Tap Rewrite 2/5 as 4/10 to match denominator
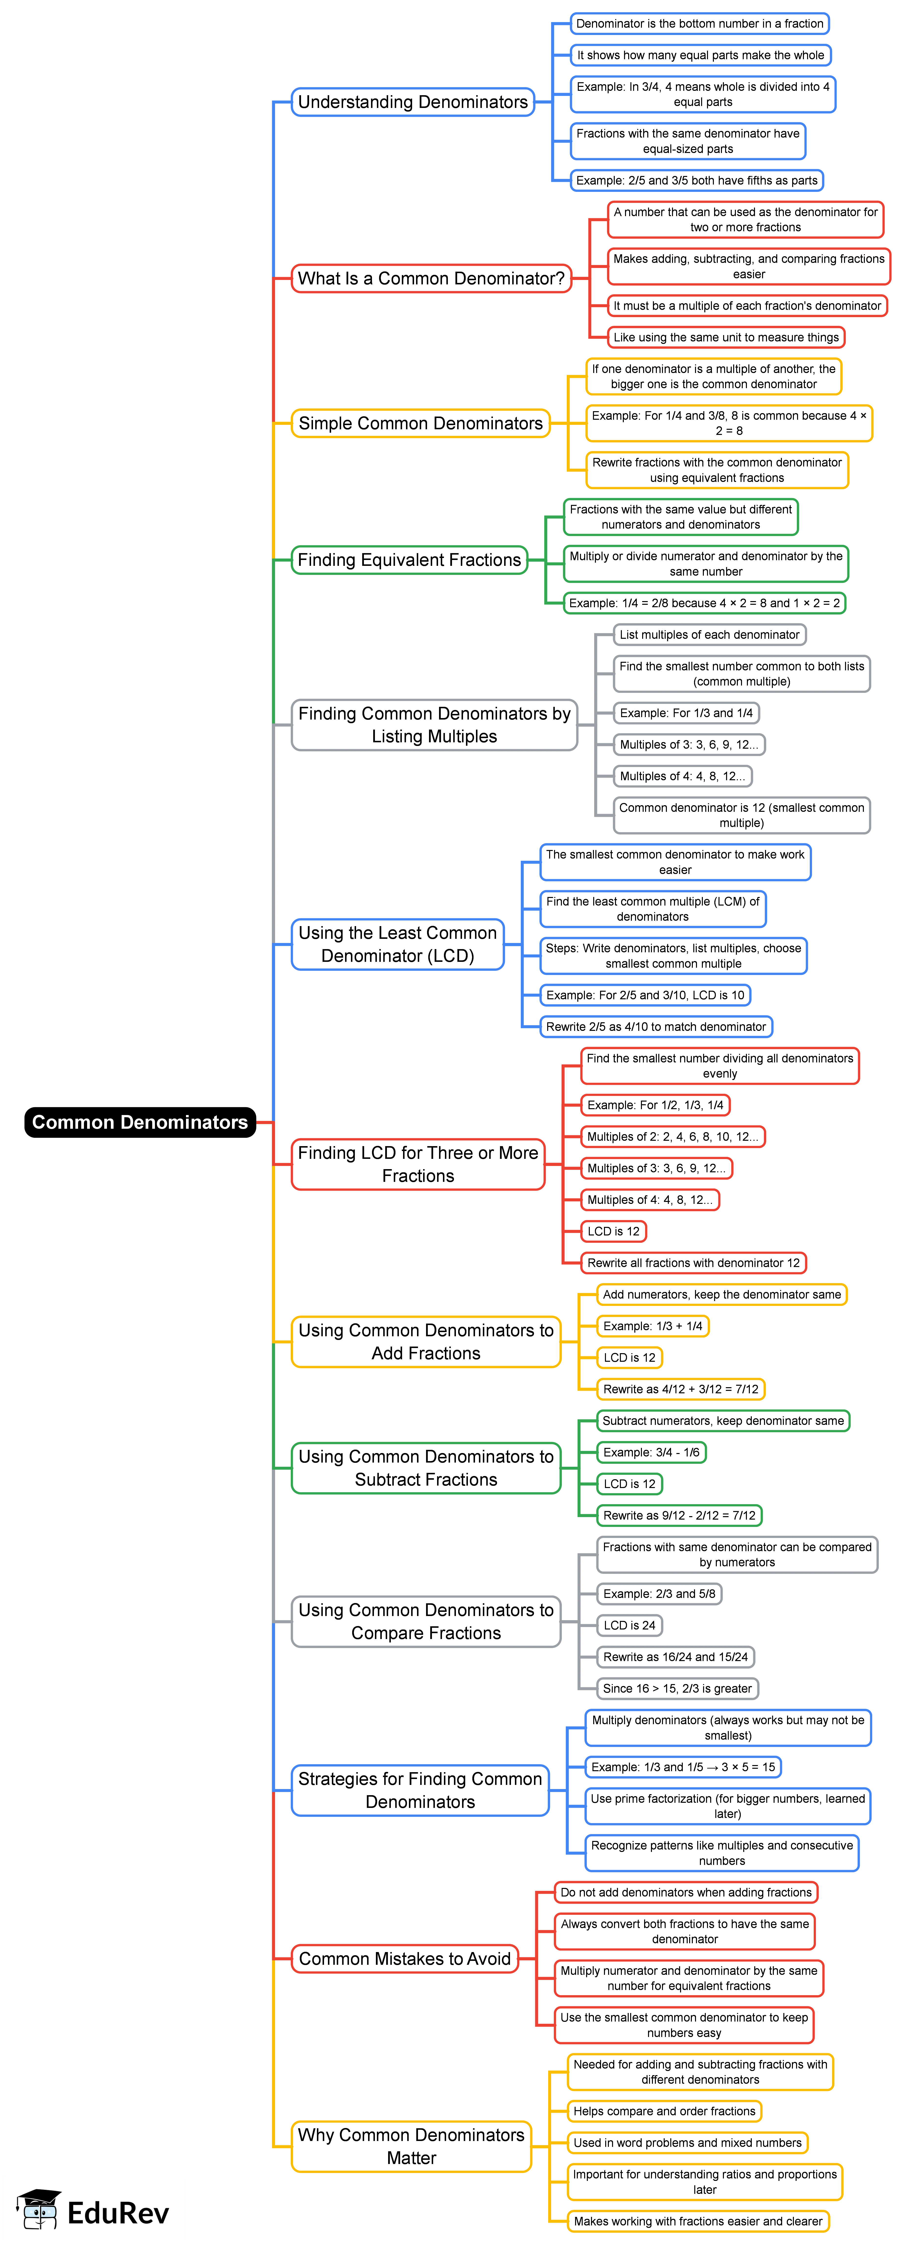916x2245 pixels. pos(655,1027)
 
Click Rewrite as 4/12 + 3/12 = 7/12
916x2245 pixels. pos(680,1389)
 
